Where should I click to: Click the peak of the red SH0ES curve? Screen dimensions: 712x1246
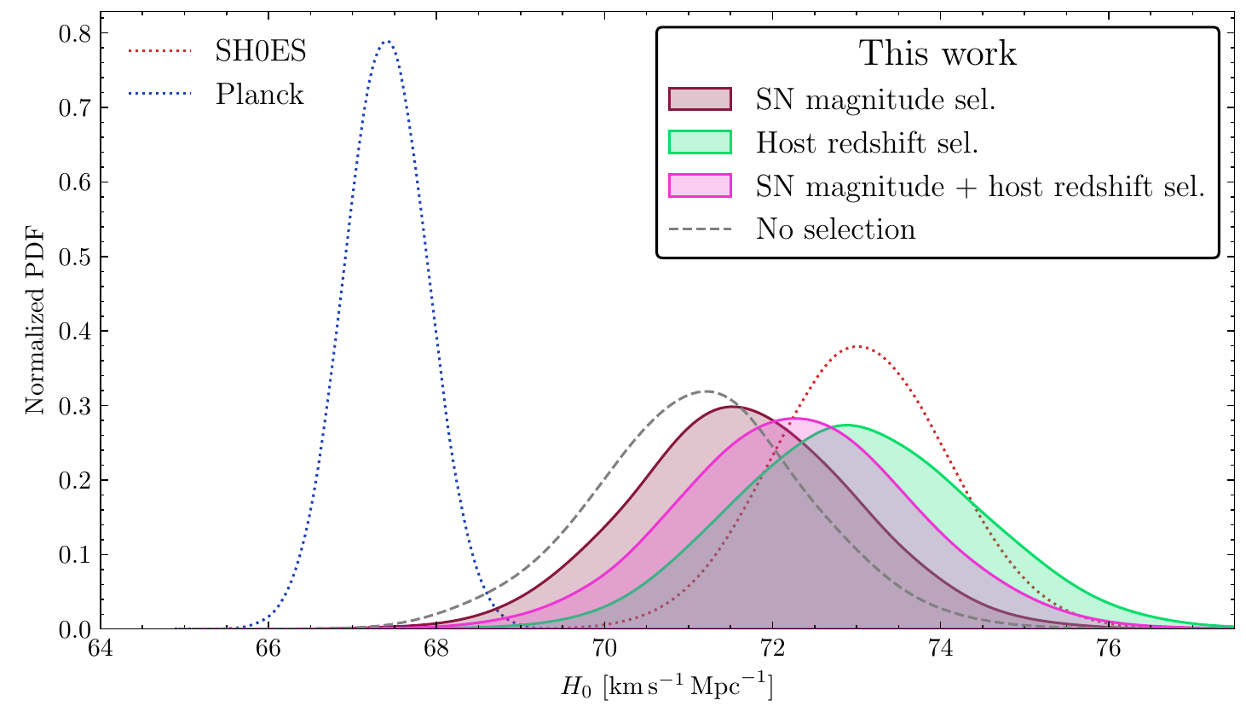click(x=857, y=346)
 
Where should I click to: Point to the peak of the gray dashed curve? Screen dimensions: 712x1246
click(x=707, y=391)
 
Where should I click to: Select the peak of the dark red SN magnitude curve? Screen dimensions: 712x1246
click(x=735, y=407)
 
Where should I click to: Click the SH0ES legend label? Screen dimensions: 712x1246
click(x=260, y=51)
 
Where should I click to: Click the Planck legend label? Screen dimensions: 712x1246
click(x=259, y=94)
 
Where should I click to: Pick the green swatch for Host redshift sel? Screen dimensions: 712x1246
click(x=700, y=142)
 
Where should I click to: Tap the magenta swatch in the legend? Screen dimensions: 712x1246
click(x=700, y=186)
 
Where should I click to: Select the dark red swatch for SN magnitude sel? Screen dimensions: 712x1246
click(x=700, y=99)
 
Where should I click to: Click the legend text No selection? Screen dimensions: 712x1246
click(x=835, y=229)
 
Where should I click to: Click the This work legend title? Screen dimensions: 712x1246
click(x=937, y=54)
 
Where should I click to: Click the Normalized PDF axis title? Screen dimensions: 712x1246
click(x=34, y=331)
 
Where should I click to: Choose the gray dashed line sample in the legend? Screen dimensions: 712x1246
click(x=700, y=229)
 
